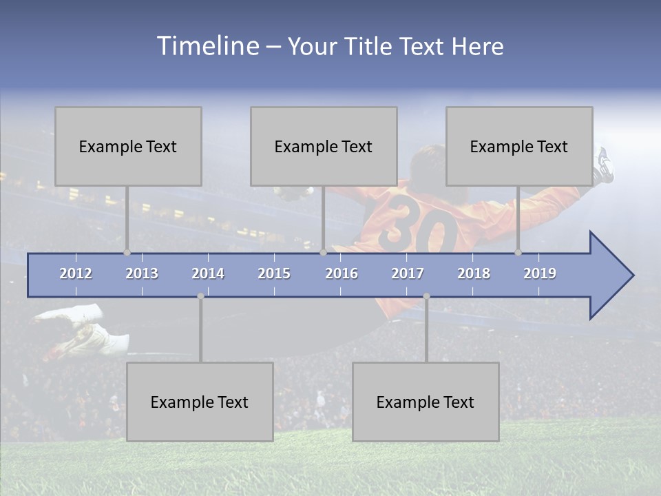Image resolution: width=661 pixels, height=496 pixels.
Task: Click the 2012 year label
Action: coord(76,273)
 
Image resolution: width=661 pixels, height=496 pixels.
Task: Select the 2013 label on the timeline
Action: coord(142,273)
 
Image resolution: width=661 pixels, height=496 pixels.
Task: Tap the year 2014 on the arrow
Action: coord(208,273)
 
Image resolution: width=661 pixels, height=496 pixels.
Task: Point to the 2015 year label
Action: coord(274,273)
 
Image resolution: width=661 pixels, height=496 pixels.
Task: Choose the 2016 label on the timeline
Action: coord(342,273)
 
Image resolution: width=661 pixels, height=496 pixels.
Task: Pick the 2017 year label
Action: coord(408,273)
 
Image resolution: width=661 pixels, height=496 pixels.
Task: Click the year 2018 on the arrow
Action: coord(474,273)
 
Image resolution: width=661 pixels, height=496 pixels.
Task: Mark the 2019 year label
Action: coord(540,273)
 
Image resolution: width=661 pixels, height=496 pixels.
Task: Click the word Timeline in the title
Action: coord(207,46)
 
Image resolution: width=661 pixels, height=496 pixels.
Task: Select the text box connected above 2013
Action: coord(128,146)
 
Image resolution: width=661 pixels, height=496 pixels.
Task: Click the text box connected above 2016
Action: coord(324,146)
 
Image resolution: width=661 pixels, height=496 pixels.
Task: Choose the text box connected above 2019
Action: coord(519,146)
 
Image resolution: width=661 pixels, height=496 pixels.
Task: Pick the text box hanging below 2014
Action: coord(200,402)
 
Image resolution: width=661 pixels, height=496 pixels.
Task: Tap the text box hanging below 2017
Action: coord(426,402)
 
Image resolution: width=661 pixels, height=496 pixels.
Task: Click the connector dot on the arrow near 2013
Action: coord(127,252)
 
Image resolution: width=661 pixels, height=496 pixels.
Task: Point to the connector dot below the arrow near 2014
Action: coord(200,296)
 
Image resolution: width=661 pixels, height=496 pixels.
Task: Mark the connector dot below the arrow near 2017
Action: coord(426,296)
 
